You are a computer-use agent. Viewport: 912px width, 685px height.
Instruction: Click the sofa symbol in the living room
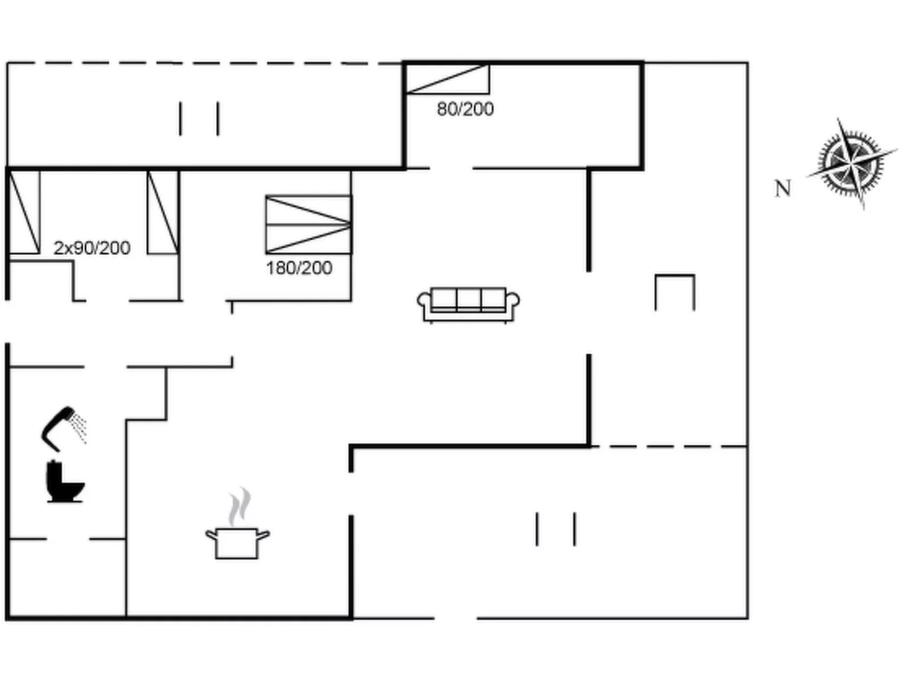point(468,305)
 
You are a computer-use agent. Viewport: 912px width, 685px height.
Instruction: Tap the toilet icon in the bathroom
point(64,481)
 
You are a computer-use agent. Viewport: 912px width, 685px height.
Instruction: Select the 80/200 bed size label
point(465,109)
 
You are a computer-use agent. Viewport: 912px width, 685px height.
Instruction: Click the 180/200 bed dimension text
point(299,268)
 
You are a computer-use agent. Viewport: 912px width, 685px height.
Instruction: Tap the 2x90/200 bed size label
point(92,248)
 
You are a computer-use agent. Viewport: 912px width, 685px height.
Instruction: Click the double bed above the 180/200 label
point(309,224)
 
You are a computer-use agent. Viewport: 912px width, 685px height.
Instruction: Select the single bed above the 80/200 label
point(447,79)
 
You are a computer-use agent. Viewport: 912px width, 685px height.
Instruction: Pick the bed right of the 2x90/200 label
point(164,212)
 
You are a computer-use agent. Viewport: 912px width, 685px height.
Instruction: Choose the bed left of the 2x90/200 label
point(24,212)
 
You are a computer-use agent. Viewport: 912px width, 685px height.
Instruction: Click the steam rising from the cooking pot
point(240,507)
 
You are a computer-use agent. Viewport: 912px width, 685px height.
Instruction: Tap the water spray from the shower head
point(79,426)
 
